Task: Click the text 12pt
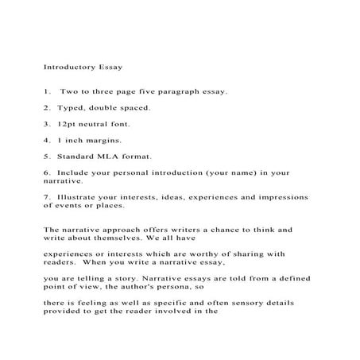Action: [66, 123]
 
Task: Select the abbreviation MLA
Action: [107, 156]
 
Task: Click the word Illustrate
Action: [75, 195]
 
